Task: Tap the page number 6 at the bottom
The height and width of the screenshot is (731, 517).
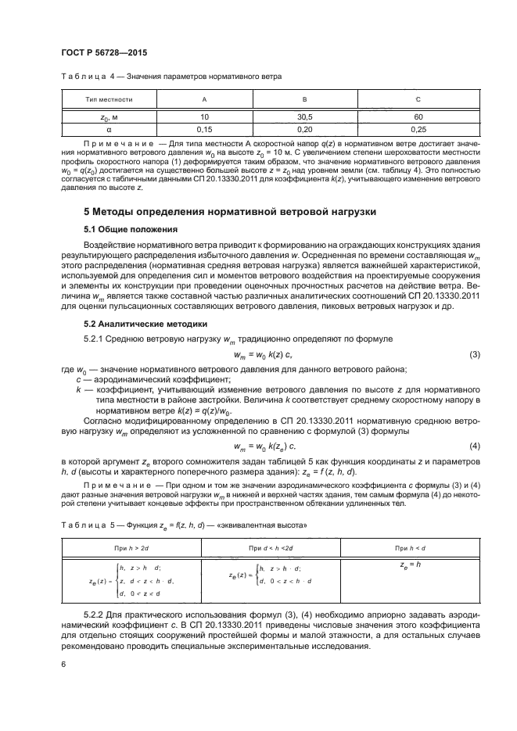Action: tap(64, 663)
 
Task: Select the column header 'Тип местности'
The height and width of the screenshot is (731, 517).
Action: tap(109, 100)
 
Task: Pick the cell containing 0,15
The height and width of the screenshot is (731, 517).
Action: tap(204, 127)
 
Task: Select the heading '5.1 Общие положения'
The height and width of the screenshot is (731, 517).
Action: tap(130, 230)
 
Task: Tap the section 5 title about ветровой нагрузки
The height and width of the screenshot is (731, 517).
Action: tap(230, 211)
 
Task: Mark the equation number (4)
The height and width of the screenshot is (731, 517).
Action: tap(473, 446)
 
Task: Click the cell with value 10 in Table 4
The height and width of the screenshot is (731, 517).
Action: tap(204, 115)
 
